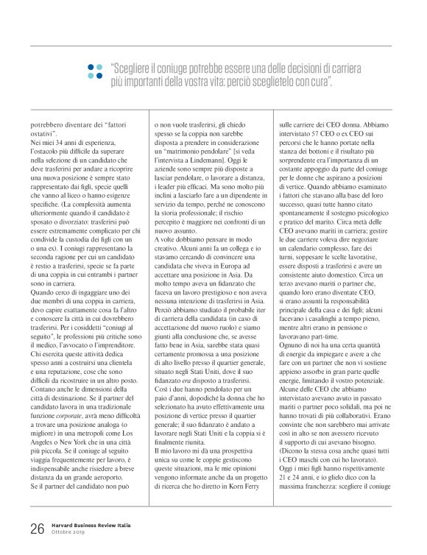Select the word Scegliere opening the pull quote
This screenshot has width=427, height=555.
[x=137, y=65]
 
